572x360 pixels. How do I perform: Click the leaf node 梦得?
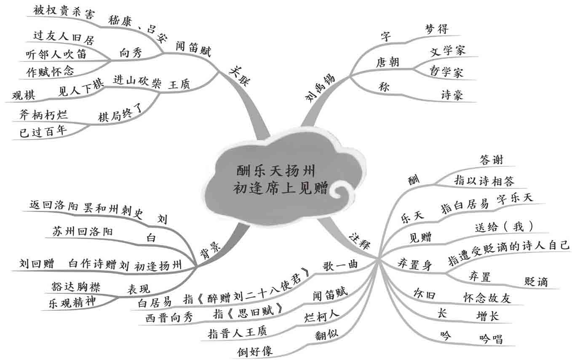437,29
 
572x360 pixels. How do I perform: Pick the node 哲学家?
446,71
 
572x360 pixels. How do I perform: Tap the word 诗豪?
452,95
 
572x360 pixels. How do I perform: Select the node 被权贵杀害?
63,10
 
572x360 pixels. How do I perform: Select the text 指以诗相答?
484,181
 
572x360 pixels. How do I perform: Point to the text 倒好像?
255,351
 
